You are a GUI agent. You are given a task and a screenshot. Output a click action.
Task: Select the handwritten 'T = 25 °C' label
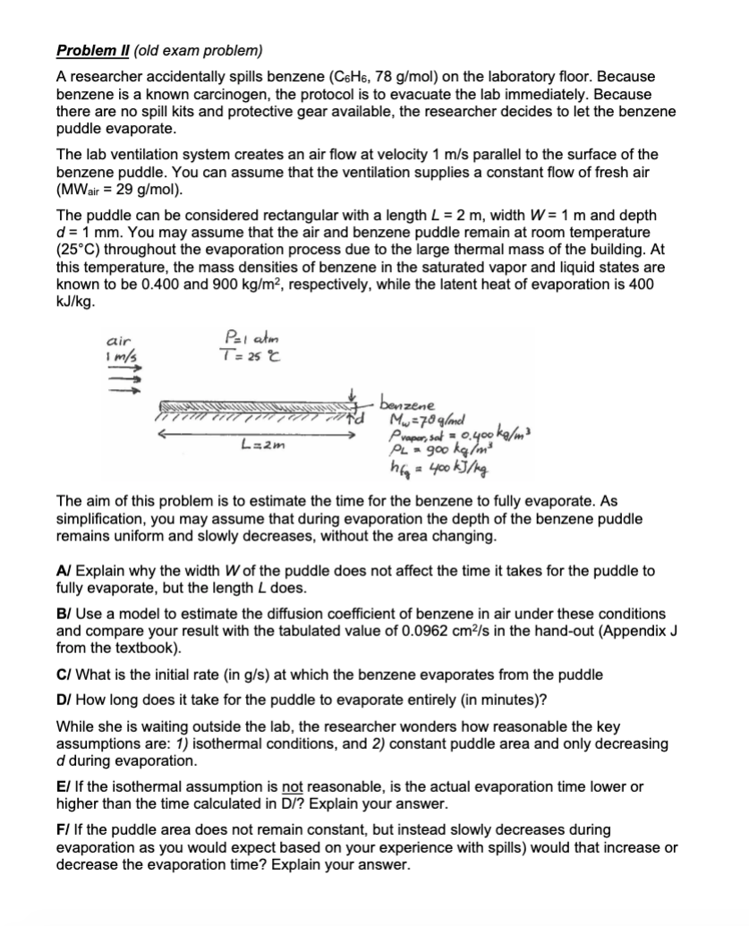(238, 353)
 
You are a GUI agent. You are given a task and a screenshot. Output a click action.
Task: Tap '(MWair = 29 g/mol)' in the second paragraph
(122, 191)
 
